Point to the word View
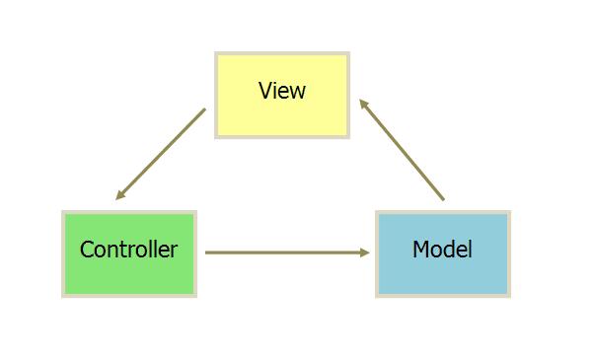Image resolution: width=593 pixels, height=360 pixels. pyautogui.click(x=282, y=91)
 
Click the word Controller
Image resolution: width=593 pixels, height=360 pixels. pyautogui.click(x=128, y=250)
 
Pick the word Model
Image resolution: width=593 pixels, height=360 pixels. pyautogui.click(x=442, y=250)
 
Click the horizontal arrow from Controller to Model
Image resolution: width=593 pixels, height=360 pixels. pyautogui.click(x=286, y=252)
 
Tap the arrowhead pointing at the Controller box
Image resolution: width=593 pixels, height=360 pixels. pyautogui.click(x=119, y=196)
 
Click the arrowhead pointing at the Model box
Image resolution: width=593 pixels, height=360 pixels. pyautogui.click(x=365, y=252)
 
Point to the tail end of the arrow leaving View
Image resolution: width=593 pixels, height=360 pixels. pyautogui.click(x=204, y=109)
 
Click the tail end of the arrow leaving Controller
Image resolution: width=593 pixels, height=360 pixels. pyautogui.click(x=207, y=252)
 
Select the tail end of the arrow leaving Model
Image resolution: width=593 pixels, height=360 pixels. pyautogui.click(x=443, y=200)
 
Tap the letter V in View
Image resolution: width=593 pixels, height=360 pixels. pyautogui.click(x=264, y=91)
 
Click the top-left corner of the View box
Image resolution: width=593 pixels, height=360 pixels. pyautogui.click(x=216, y=53)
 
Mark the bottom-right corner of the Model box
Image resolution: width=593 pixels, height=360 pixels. pyautogui.click(x=509, y=295)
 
